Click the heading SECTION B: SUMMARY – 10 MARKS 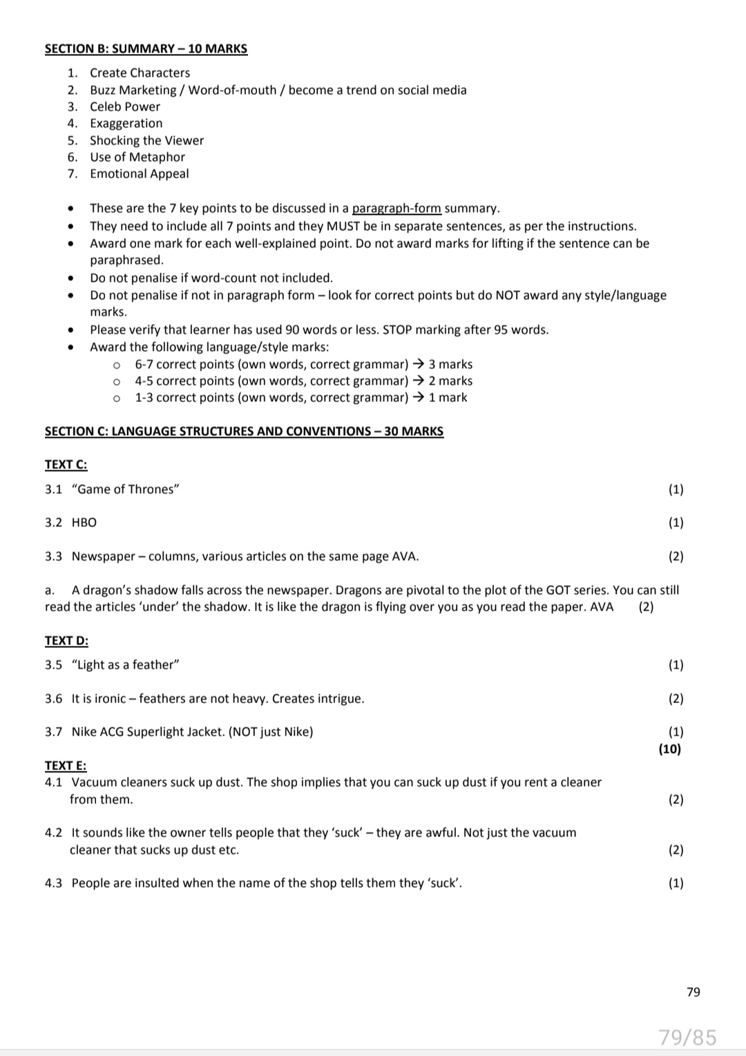146,48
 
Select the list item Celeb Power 124,106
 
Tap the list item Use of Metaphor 137,157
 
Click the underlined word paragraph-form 396,208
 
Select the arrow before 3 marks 418,364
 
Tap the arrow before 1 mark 418,397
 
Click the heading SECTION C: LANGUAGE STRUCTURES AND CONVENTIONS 244,431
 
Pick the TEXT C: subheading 66,465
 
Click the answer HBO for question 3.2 84,522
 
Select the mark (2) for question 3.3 676,556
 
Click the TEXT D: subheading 66,640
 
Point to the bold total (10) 669,749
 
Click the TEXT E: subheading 66,765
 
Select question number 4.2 53,832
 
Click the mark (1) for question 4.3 676,883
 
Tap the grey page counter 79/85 687,1037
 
